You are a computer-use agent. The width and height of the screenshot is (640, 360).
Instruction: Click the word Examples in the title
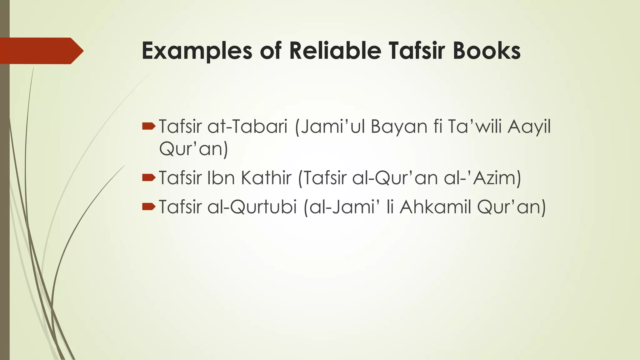[x=197, y=51]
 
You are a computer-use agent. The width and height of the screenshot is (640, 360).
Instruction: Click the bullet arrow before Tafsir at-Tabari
[x=148, y=126]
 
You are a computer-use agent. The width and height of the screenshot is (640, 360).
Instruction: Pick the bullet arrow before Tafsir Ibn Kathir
[x=148, y=178]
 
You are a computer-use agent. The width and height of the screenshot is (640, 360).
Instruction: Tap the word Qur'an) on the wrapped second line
[x=193, y=149]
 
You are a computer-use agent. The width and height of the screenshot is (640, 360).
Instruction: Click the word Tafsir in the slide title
[x=417, y=51]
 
